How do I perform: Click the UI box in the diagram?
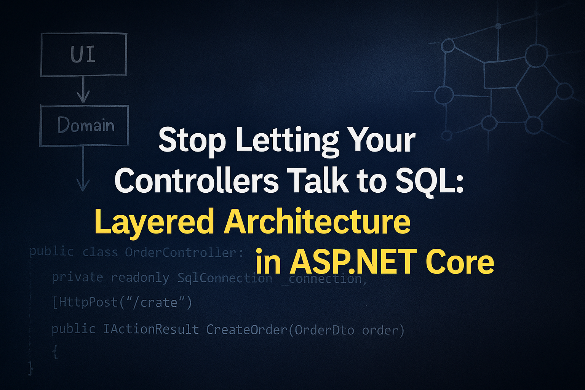click(83, 54)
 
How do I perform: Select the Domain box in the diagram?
click(85, 126)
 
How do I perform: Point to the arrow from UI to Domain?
click(83, 90)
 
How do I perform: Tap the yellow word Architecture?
click(317, 222)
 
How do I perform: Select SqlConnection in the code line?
click(225, 278)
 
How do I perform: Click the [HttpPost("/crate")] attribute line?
click(122, 303)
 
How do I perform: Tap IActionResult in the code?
click(151, 329)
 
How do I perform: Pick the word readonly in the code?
click(140, 278)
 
